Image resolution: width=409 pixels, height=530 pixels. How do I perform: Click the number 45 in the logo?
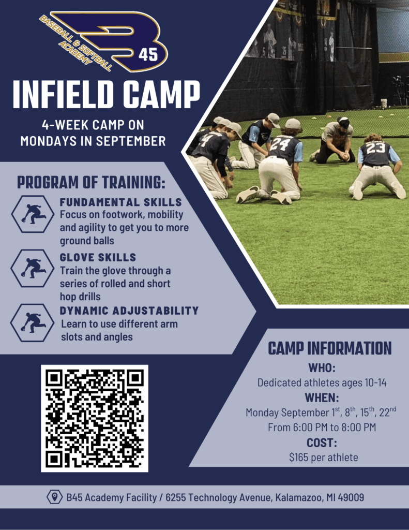(148, 54)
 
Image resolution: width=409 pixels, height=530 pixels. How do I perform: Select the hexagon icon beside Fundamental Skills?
(33, 214)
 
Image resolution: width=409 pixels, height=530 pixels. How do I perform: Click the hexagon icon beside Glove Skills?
(33, 269)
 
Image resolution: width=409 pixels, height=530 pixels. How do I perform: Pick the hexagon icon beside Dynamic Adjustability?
(33, 323)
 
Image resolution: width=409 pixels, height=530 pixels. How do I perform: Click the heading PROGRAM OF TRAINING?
(91, 182)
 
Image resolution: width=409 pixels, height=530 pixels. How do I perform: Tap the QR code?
(95, 418)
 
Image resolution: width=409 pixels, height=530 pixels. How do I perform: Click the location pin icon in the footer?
(54, 497)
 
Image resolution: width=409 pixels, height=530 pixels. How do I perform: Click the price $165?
(298, 458)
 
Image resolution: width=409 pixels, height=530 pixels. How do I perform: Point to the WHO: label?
(322, 368)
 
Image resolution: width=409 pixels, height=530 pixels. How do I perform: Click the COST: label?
(322, 443)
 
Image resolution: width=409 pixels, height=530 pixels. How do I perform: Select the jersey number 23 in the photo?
(375, 148)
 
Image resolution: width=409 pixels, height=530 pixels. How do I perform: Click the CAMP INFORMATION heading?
(330, 348)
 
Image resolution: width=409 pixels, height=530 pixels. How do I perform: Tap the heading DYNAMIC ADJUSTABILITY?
(129, 311)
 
